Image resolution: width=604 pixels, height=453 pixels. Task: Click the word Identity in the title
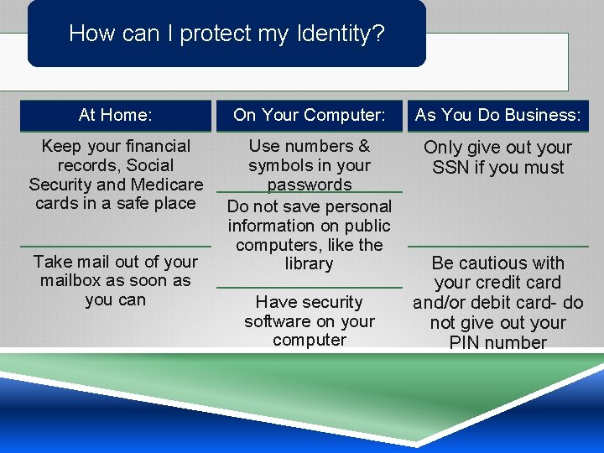coord(344,34)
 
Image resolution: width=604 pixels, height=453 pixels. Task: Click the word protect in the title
coord(216,34)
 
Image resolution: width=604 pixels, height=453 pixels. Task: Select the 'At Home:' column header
coord(116,115)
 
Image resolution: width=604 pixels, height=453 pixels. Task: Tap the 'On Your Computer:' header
coord(310,115)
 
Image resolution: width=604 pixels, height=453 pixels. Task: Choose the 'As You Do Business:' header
coord(498,115)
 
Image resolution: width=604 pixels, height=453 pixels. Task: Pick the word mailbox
coord(74,280)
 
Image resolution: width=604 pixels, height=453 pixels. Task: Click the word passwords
coord(310,185)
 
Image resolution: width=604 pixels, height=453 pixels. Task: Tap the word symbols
coord(281,165)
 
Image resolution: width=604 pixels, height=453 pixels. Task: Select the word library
coord(310,263)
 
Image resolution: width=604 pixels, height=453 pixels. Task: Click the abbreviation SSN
coord(451,167)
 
